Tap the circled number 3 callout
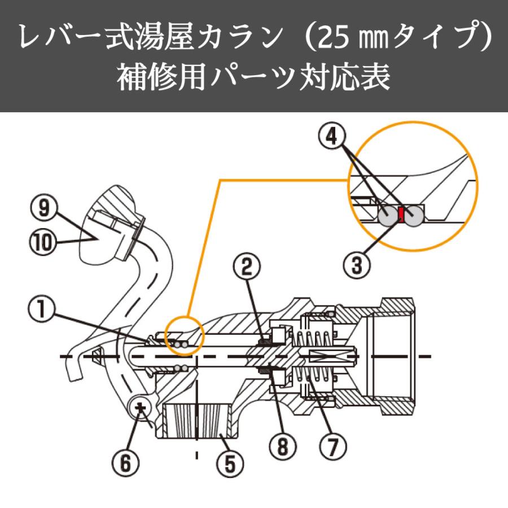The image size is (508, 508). (x=356, y=264)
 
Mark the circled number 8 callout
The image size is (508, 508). (x=282, y=446)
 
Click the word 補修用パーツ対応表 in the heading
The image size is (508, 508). (x=253, y=78)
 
